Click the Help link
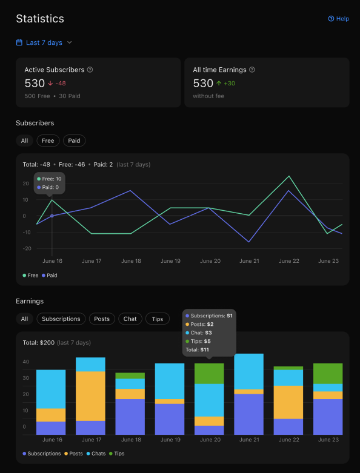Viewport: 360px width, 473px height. click(x=338, y=19)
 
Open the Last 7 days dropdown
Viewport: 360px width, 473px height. click(x=44, y=42)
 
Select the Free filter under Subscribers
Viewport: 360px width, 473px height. click(x=48, y=141)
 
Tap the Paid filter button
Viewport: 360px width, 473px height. click(x=74, y=141)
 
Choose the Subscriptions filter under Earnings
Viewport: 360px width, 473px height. click(x=61, y=319)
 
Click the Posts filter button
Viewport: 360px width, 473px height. click(x=102, y=319)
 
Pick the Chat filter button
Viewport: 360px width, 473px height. click(x=130, y=319)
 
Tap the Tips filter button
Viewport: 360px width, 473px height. click(x=158, y=319)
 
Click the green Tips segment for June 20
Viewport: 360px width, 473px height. click(x=209, y=374)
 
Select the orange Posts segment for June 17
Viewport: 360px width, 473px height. click(x=90, y=396)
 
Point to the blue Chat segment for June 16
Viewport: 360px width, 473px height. click(x=51, y=389)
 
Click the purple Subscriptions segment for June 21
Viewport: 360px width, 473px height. click(x=248, y=414)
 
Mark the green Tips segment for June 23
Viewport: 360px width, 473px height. click(x=328, y=374)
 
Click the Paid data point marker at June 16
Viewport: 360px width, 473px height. click(x=52, y=216)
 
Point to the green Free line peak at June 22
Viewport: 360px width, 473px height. click(x=288, y=176)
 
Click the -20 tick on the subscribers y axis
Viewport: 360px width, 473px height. click(x=27, y=248)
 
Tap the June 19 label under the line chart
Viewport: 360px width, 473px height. click(x=170, y=261)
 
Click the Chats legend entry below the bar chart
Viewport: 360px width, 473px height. click(x=96, y=454)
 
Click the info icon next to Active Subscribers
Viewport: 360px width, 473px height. click(x=90, y=70)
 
